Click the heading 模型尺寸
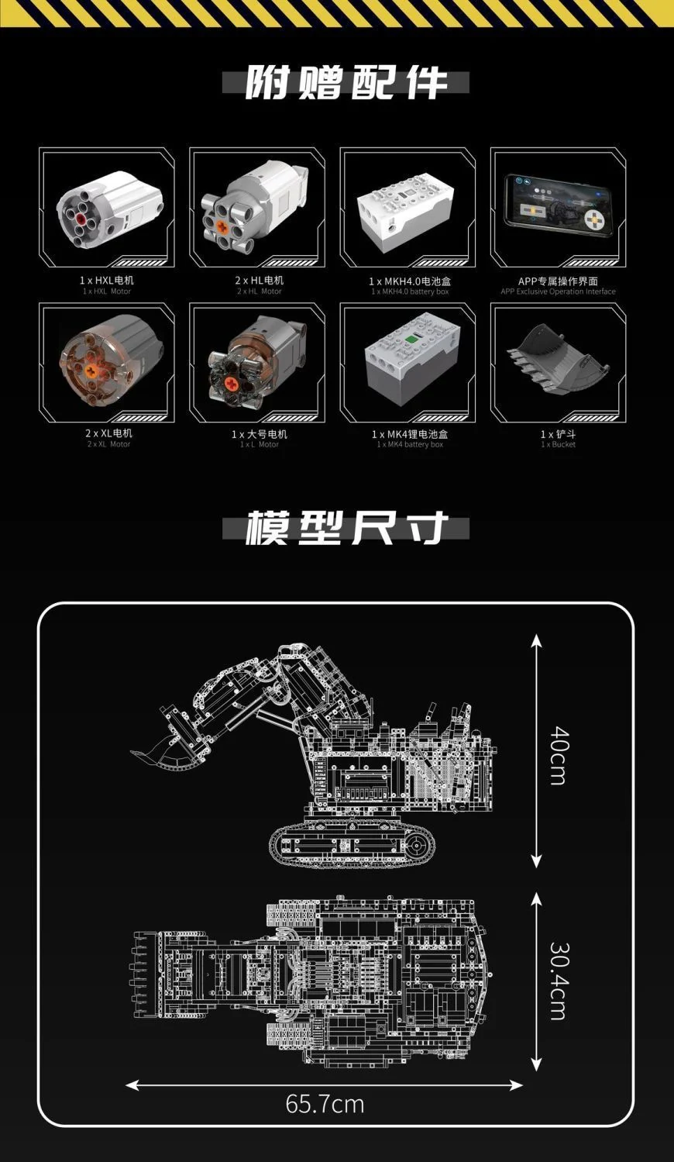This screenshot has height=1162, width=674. click(346, 529)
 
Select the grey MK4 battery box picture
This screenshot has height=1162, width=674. click(407, 359)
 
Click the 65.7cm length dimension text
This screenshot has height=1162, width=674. click(325, 1103)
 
